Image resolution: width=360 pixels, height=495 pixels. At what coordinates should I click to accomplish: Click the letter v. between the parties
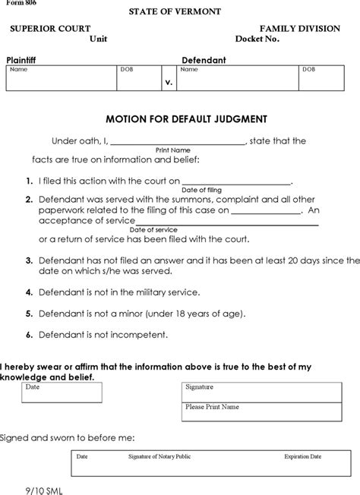169,80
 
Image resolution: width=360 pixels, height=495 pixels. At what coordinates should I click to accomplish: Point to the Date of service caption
153,229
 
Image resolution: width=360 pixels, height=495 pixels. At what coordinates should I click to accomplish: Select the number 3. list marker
28,260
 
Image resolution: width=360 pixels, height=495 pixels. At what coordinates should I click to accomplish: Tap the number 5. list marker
28,312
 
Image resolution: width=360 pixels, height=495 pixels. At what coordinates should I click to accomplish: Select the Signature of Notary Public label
155,457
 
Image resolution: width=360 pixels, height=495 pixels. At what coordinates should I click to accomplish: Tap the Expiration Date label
302,457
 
